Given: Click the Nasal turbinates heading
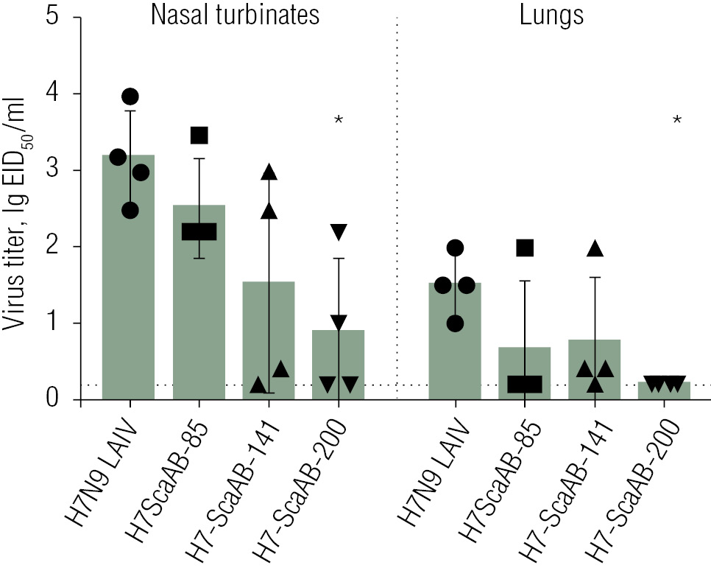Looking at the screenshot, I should pos(235,15).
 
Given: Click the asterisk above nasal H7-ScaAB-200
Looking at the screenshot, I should pos(339,120).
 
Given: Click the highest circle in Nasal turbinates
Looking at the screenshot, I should pos(130,97).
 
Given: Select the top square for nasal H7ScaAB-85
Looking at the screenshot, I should pos(199,136).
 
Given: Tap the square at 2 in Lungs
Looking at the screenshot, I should pos(525,248).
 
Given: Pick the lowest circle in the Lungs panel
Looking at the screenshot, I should pos(456,323).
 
